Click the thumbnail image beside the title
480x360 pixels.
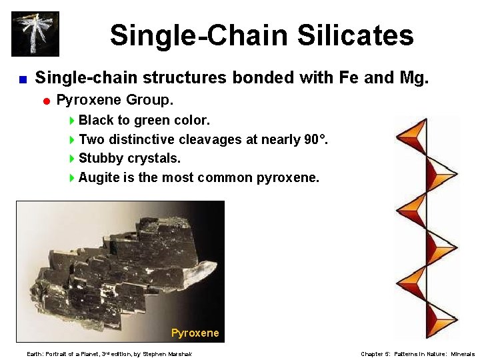point(35,33)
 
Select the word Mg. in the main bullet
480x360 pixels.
point(413,78)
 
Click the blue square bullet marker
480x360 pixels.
point(22,79)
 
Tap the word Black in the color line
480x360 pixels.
point(96,121)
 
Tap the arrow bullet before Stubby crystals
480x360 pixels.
point(73,159)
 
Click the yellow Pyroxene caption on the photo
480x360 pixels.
point(195,333)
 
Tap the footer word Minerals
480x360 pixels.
point(463,354)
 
